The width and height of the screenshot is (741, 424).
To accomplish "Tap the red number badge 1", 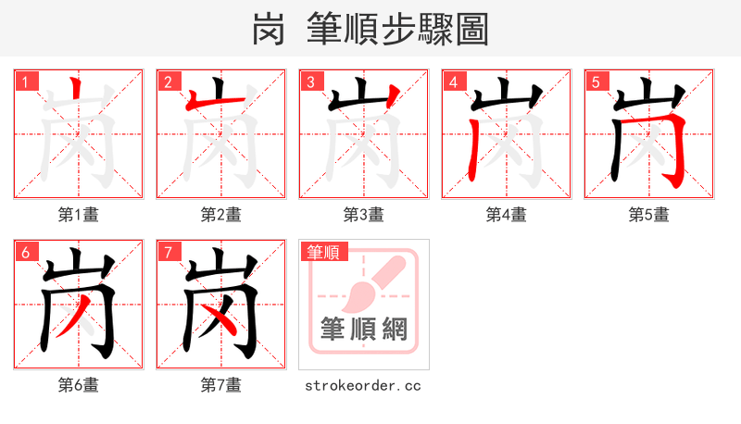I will [x=25, y=81].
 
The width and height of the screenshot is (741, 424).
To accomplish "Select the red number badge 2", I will [x=168, y=81].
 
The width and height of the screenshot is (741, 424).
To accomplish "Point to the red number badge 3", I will [x=310, y=81].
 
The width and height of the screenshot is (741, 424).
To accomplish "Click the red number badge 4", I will [x=453, y=81].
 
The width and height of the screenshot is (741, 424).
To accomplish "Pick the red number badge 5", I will [x=596, y=81].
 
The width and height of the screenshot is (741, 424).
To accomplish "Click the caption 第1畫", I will [x=79, y=215].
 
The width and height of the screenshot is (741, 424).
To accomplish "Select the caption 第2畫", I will [x=221, y=215].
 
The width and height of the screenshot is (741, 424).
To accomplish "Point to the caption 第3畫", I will [x=364, y=215].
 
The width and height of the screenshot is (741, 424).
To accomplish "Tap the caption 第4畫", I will [x=507, y=215].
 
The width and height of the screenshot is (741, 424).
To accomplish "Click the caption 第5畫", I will [x=649, y=215].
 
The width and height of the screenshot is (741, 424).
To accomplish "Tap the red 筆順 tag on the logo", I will [x=322, y=252].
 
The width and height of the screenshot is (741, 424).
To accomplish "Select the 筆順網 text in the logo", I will [x=364, y=330].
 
